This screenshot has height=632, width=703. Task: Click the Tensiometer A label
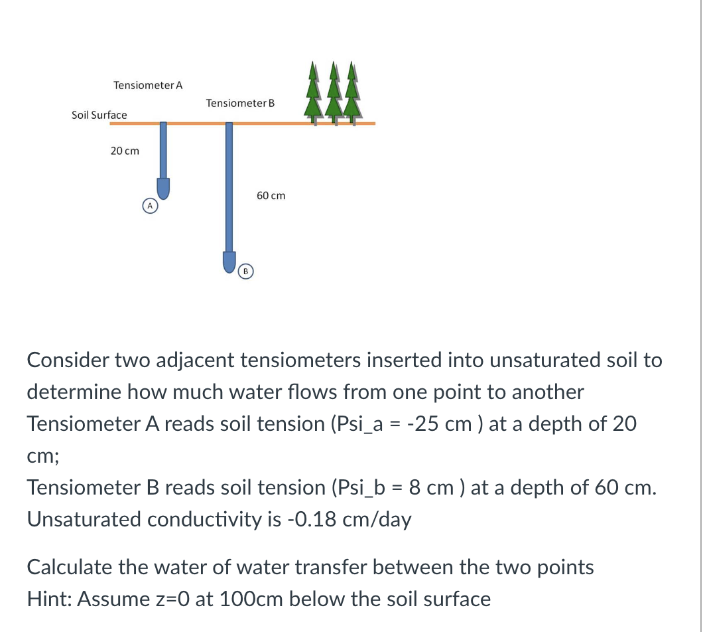[148, 86]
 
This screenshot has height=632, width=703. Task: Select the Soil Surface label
[99, 115]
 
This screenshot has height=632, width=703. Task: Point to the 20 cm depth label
[125, 151]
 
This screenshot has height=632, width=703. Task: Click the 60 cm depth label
[271, 195]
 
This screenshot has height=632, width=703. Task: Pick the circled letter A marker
[151, 206]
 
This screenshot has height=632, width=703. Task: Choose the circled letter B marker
[245, 271]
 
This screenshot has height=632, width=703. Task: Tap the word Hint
[48, 599]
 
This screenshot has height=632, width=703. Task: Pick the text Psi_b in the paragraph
[359, 488]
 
